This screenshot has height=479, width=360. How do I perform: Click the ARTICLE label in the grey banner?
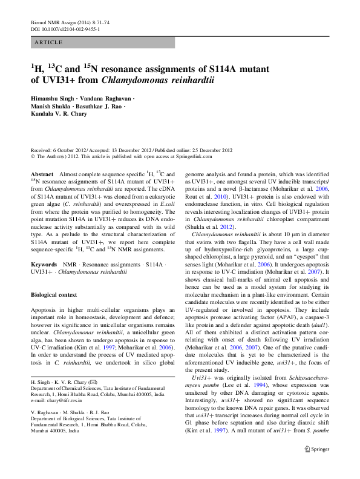(49, 42)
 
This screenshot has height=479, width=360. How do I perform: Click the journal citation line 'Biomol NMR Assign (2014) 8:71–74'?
(66, 22)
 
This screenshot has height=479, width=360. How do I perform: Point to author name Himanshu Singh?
(53, 99)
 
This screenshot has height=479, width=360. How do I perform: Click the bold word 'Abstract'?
(42, 174)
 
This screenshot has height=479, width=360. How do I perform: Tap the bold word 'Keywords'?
(44, 265)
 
